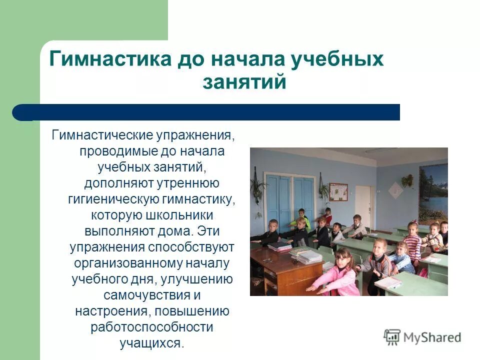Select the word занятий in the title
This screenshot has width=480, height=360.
244,81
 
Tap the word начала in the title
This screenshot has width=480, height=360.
245,59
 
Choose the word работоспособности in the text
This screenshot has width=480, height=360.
152,327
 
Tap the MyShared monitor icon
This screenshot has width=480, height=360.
392,337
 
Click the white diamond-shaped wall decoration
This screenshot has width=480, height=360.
395,190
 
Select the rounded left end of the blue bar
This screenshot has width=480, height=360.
20,112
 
